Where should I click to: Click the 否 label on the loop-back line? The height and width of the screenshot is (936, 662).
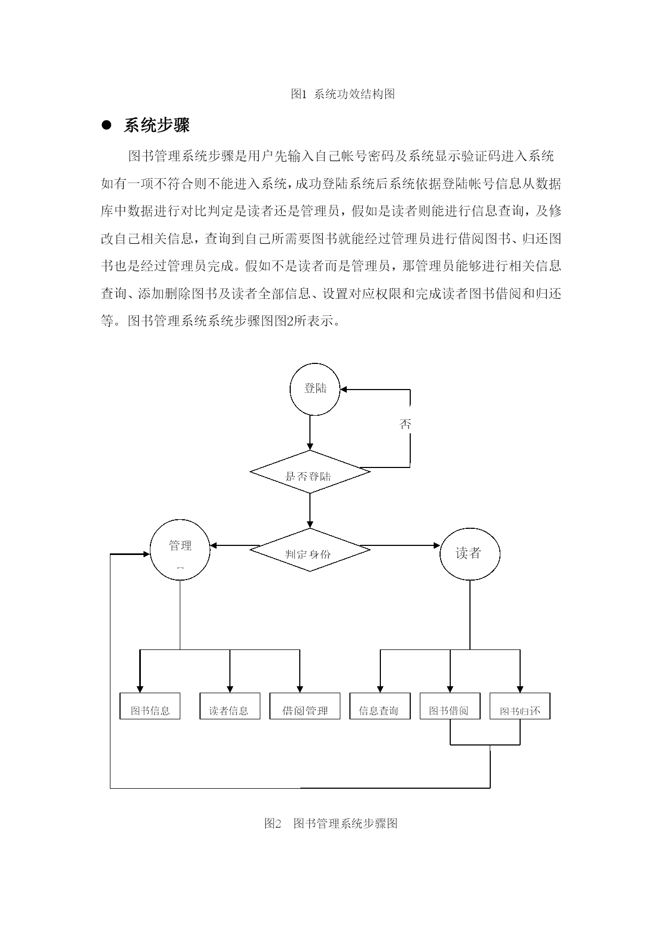[x=405, y=424]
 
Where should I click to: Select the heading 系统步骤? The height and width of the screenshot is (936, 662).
[x=157, y=125]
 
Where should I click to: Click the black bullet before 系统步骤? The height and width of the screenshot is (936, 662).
[x=106, y=125]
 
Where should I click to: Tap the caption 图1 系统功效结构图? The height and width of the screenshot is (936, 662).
[x=343, y=94]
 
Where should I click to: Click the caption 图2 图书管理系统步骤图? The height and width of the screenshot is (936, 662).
[x=331, y=823]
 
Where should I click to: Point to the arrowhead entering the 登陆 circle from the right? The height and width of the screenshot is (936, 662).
[x=344, y=390]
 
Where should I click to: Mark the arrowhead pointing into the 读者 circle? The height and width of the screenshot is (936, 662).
[x=436, y=545]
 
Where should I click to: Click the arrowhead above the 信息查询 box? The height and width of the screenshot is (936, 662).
[x=380, y=689]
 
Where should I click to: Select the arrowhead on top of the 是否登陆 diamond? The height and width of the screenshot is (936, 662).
[x=310, y=446]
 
